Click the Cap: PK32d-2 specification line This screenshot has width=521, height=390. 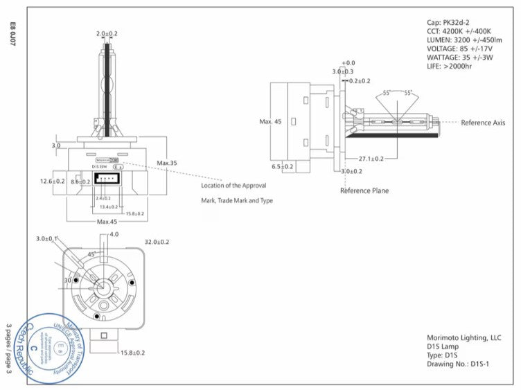(450, 24)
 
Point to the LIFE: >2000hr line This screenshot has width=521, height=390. (450, 68)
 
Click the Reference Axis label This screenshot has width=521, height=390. (483, 123)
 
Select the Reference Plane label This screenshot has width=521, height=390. (364, 190)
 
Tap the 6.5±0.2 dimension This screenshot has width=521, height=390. (283, 167)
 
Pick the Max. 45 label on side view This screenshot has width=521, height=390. (270, 122)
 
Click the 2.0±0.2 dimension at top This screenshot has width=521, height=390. (107, 33)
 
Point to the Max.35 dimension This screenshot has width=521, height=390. (167, 163)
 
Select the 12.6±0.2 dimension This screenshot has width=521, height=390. (52, 181)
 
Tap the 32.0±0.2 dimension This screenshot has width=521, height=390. (156, 242)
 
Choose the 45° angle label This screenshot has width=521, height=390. (91, 254)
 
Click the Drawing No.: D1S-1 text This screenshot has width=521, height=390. (458, 364)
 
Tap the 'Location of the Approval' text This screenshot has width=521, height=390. (233, 186)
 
